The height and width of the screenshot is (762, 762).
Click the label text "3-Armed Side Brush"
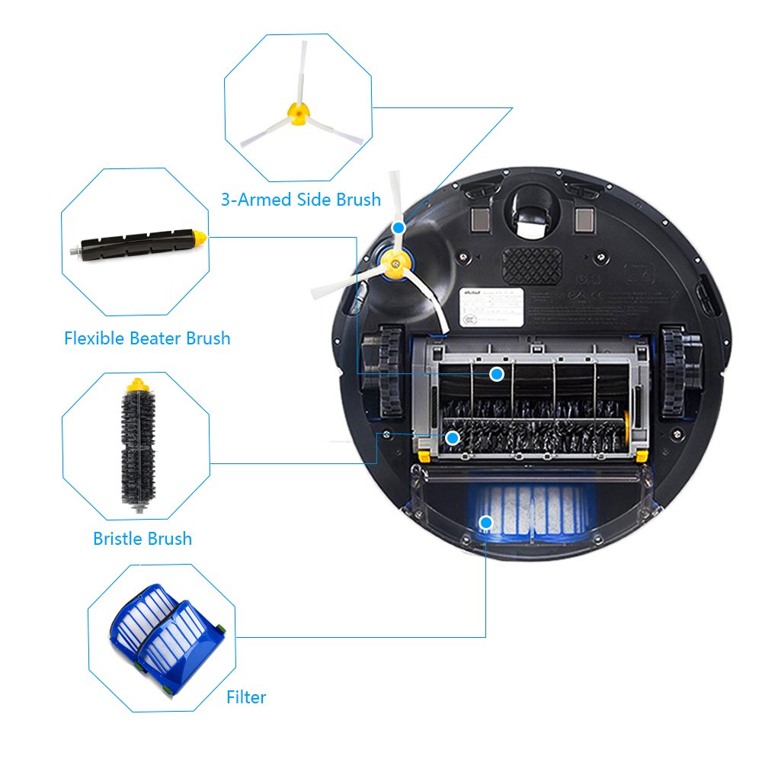pos(300,200)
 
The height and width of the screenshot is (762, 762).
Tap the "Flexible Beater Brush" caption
pos(147,338)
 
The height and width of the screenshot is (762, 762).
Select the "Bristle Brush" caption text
pos(142,539)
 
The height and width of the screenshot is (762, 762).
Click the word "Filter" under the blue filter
pos(246,696)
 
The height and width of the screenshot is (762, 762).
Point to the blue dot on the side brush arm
pos(399,228)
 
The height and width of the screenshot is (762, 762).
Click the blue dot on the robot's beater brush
pos(497,373)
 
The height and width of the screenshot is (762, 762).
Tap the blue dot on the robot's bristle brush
pos(452,437)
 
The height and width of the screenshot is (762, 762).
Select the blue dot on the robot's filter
pos(485,522)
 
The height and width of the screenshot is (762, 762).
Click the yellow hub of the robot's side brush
pos(392,264)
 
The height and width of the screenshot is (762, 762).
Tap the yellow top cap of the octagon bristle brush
pos(137,384)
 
